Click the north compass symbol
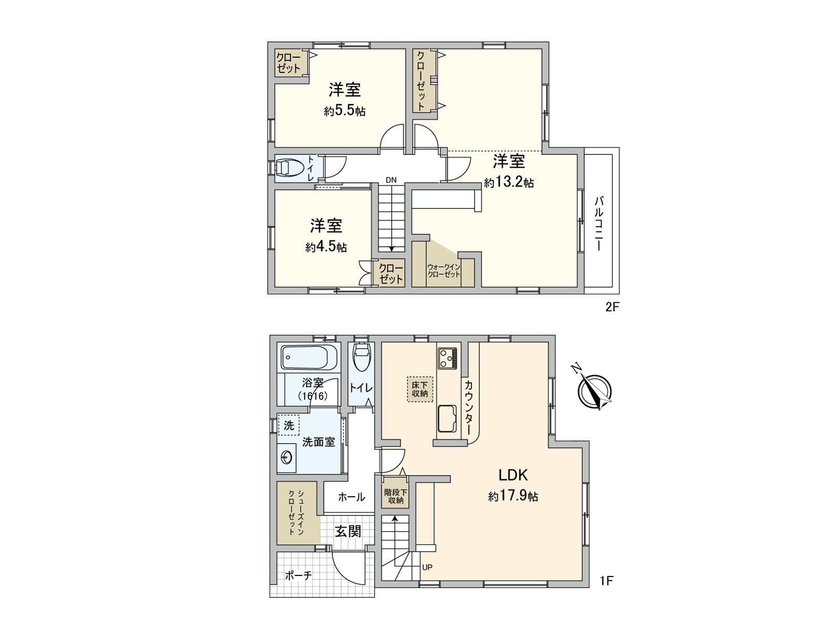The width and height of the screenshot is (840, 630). click(x=594, y=391)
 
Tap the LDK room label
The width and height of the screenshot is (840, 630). click(x=513, y=475)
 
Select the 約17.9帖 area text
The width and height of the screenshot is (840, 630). click(x=513, y=497)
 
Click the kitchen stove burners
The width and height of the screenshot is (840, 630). click(x=447, y=358)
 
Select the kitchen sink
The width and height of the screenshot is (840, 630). click(x=447, y=418)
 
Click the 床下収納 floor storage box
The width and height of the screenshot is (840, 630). click(x=420, y=389)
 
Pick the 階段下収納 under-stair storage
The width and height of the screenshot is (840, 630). click(x=395, y=496)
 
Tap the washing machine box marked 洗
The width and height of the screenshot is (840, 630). click(x=289, y=425)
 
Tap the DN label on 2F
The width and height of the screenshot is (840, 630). click(x=391, y=180)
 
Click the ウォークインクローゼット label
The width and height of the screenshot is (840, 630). click(x=444, y=270)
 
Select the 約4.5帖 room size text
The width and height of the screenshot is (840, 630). click(x=326, y=247)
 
